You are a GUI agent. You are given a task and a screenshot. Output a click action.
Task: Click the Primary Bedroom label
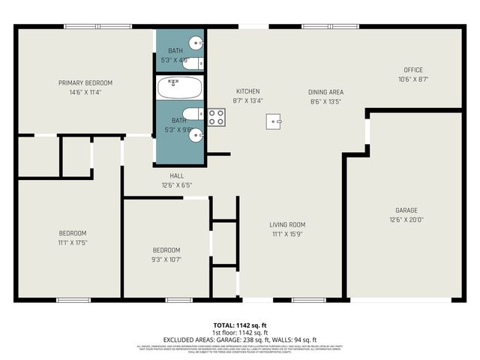(86, 82)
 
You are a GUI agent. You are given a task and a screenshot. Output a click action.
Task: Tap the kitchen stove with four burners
(216, 117)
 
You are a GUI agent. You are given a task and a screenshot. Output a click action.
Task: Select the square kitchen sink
(274, 120)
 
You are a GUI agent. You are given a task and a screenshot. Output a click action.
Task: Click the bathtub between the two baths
(179, 88)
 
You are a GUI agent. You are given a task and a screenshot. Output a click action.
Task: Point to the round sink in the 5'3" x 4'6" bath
(196, 42)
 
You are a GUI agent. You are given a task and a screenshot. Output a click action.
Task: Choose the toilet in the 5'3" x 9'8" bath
(191, 115)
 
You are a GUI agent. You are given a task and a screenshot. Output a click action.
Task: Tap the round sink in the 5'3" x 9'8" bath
(196, 135)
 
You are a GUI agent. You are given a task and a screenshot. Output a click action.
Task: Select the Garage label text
(406, 211)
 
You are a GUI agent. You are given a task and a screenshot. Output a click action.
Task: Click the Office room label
(413, 70)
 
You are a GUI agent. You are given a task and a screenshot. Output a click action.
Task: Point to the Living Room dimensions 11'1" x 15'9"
(287, 234)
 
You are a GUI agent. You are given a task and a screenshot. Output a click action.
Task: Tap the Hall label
(176, 175)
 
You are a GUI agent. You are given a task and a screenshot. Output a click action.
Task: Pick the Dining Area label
(325, 91)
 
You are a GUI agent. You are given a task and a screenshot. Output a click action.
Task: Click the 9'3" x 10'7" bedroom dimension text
(166, 259)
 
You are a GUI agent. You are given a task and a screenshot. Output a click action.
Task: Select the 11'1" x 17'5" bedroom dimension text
(73, 243)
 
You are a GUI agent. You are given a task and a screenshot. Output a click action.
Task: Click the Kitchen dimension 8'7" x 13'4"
(247, 100)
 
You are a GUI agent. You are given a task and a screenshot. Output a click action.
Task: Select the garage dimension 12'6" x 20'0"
(406, 220)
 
